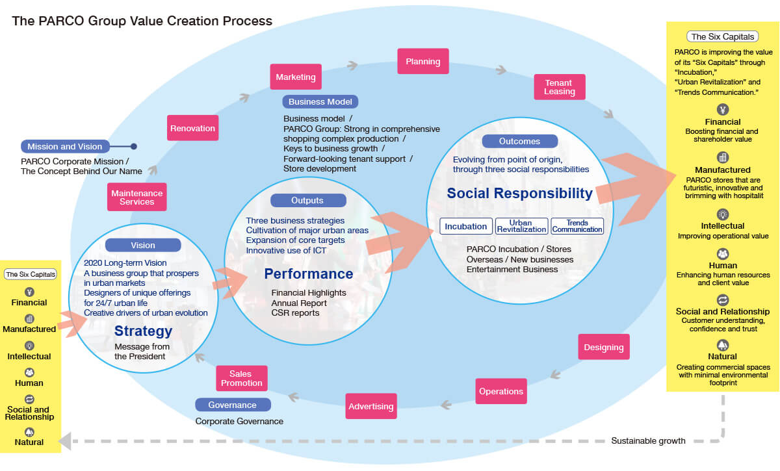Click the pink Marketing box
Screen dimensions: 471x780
(296, 77)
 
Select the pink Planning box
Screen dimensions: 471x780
(422, 62)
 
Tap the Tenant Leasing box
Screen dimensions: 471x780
(559, 87)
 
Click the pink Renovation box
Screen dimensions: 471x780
(192, 128)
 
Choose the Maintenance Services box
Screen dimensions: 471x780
(136, 197)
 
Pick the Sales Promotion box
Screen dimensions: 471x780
(241, 378)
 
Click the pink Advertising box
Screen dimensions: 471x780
(370, 407)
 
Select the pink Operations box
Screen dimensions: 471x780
(500, 392)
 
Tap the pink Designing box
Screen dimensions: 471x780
(603, 347)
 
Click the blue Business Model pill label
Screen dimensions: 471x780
(320, 101)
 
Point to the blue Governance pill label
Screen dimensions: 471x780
(232, 405)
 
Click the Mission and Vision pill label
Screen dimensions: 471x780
(64, 147)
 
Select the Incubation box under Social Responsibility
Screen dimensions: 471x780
(465, 226)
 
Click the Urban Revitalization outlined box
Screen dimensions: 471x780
(521, 226)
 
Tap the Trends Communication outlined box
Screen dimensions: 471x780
(577, 226)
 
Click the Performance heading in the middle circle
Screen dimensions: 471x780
(308, 274)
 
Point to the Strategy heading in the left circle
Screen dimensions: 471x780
(143, 331)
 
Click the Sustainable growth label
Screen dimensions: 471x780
(648, 441)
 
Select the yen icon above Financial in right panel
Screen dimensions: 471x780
(722, 109)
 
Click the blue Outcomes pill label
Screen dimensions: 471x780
(519, 141)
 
